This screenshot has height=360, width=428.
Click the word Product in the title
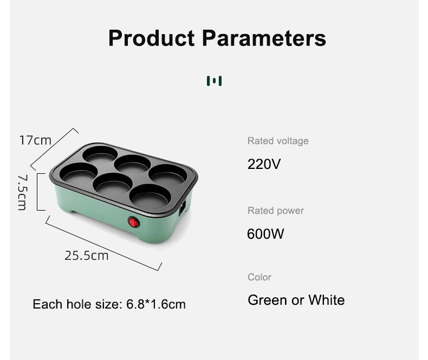pos(152,38)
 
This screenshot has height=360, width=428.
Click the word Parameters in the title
pos(264,38)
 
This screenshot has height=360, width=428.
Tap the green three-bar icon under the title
pos(215,81)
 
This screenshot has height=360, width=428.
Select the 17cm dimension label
pos(35,140)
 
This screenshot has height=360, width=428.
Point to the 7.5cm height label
pos(22,192)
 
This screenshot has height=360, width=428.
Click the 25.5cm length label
pos(87,256)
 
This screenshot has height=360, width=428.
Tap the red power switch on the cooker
pos(134,222)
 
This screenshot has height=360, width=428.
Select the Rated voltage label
pos(278,141)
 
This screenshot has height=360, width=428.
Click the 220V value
pos(264,164)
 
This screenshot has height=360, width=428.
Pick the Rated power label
pos(276,211)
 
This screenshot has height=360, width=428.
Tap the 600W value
pos(265,234)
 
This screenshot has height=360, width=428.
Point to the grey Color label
pos(260,277)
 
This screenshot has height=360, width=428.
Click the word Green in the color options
pos(268,300)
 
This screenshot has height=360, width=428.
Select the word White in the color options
pos(327,300)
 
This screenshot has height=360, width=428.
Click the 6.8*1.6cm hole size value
pos(156,304)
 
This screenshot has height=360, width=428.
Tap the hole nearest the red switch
pos(150,196)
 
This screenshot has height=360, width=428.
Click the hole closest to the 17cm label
pos(100,154)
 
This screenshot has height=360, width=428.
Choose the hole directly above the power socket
pos(168,174)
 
